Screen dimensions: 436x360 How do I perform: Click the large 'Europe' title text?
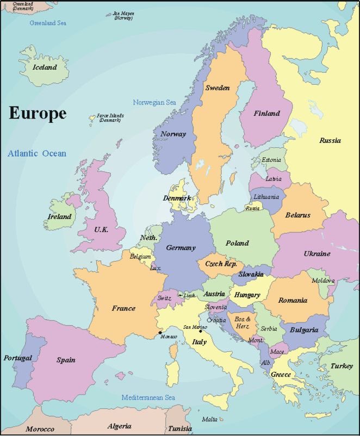click(x=38, y=114)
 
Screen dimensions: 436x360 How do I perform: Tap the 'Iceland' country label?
click(x=45, y=67)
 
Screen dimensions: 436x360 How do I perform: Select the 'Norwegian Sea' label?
click(x=155, y=102)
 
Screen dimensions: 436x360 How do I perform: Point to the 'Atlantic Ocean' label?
click(x=37, y=153)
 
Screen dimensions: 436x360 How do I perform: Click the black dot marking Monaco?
click(x=160, y=332)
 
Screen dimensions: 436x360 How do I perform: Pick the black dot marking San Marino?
click(x=200, y=331)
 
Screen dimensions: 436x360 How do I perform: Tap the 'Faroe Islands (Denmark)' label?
click(x=110, y=117)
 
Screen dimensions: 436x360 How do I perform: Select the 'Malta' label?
click(x=209, y=419)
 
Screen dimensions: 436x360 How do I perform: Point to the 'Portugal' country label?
click(x=18, y=358)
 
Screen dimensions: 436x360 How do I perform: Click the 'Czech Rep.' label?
click(x=221, y=264)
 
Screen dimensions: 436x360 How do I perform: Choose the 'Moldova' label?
click(x=323, y=281)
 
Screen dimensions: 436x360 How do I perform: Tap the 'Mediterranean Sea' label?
click(x=148, y=397)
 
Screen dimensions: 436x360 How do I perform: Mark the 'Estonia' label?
click(x=271, y=160)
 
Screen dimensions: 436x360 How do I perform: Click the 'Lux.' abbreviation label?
click(x=156, y=268)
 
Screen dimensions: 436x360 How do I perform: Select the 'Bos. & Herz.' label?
click(x=243, y=322)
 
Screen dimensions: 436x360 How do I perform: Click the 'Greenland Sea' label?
click(x=48, y=23)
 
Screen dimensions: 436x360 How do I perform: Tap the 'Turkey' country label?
click(x=342, y=366)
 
